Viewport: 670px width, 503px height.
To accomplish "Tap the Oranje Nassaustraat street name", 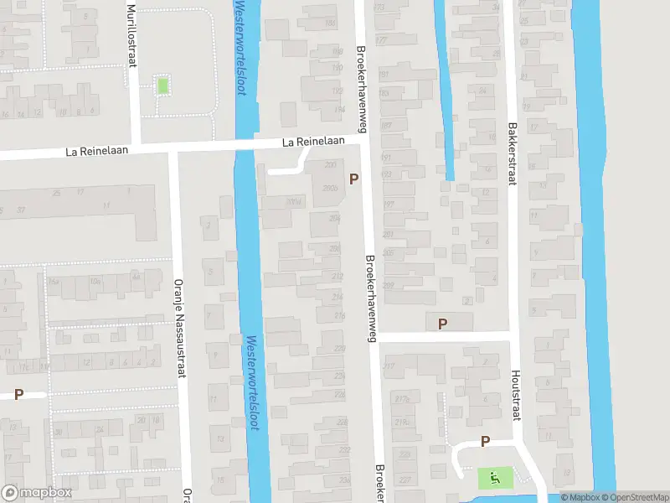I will [178, 328].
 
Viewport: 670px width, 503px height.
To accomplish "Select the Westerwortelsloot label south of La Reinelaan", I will [252, 382].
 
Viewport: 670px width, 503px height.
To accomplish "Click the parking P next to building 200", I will [354, 179].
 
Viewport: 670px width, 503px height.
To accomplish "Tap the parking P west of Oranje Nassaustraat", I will [18, 394].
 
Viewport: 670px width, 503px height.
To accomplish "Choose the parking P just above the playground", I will [485, 442].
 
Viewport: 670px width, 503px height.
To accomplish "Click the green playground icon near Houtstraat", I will [495, 479].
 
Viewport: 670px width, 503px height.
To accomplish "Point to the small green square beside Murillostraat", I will [162, 85].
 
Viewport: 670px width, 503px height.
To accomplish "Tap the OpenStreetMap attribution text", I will [634, 497].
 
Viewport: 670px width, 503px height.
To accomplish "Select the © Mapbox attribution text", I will [580, 497].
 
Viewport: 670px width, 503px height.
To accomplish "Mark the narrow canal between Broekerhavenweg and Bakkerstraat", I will [446, 92].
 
